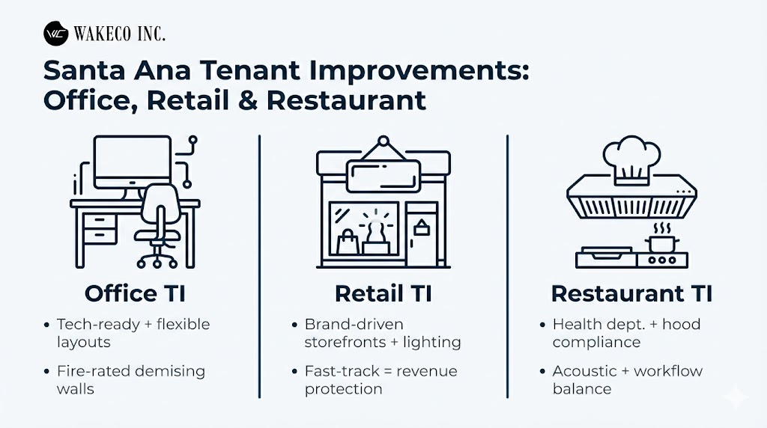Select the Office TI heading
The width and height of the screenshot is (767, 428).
135,293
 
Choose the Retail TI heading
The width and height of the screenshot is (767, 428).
383,293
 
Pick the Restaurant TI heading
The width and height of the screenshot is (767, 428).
631,293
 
